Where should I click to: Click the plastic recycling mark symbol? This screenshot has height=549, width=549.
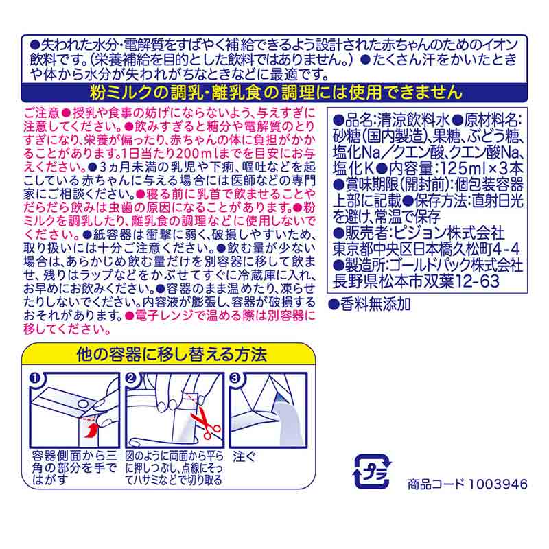pyautogui.click(x=371, y=471)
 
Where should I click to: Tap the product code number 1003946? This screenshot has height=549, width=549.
pyautogui.click(x=497, y=484)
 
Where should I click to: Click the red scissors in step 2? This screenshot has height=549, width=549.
pyautogui.click(x=205, y=422)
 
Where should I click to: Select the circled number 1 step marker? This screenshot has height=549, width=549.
pyautogui.click(x=35, y=379)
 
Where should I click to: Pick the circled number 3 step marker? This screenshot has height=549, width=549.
pyautogui.click(x=235, y=378)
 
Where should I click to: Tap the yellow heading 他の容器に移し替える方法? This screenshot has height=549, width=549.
pyautogui.click(x=172, y=354)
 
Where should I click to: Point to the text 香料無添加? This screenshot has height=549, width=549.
pyautogui.click(x=375, y=304)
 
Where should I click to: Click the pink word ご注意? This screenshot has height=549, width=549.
pyautogui.click(x=42, y=113)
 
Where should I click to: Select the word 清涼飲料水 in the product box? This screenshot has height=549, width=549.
pyautogui.click(x=413, y=121)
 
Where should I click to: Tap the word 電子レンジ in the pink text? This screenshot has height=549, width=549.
pyautogui.click(x=164, y=316)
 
